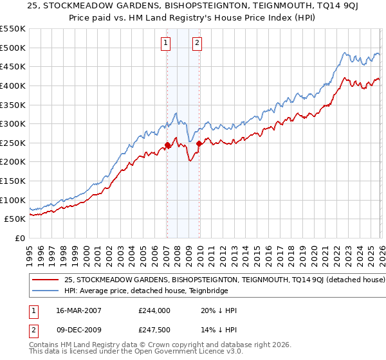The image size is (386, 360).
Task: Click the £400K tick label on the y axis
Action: point(13,85)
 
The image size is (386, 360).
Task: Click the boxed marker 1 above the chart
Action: point(166,43)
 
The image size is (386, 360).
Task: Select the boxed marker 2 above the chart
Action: point(196,43)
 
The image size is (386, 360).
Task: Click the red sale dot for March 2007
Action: point(167,145)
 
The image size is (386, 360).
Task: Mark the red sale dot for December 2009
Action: point(199,144)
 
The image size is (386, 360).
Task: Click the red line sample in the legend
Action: point(46,280)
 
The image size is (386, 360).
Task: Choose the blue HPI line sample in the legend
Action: point(46,291)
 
